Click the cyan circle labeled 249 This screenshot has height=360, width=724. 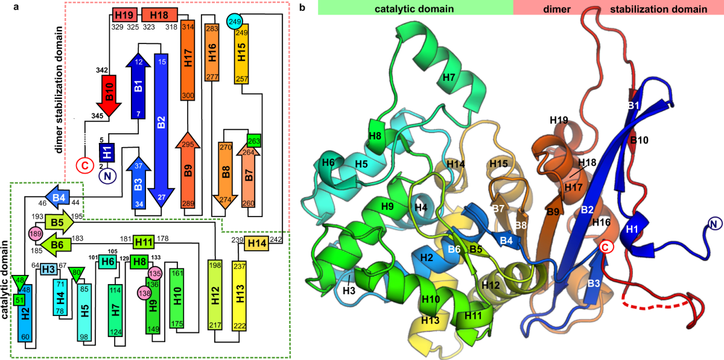[x=235, y=22]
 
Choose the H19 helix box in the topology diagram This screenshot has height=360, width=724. [x=122, y=14]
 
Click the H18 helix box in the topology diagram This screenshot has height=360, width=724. [x=159, y=14]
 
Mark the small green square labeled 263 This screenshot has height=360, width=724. [x=253, y=141]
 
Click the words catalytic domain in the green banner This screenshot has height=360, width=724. [x=414, y=9]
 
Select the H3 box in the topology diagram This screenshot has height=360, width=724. [x=49, y=270]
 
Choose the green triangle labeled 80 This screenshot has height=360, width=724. [x=77, y=273]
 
